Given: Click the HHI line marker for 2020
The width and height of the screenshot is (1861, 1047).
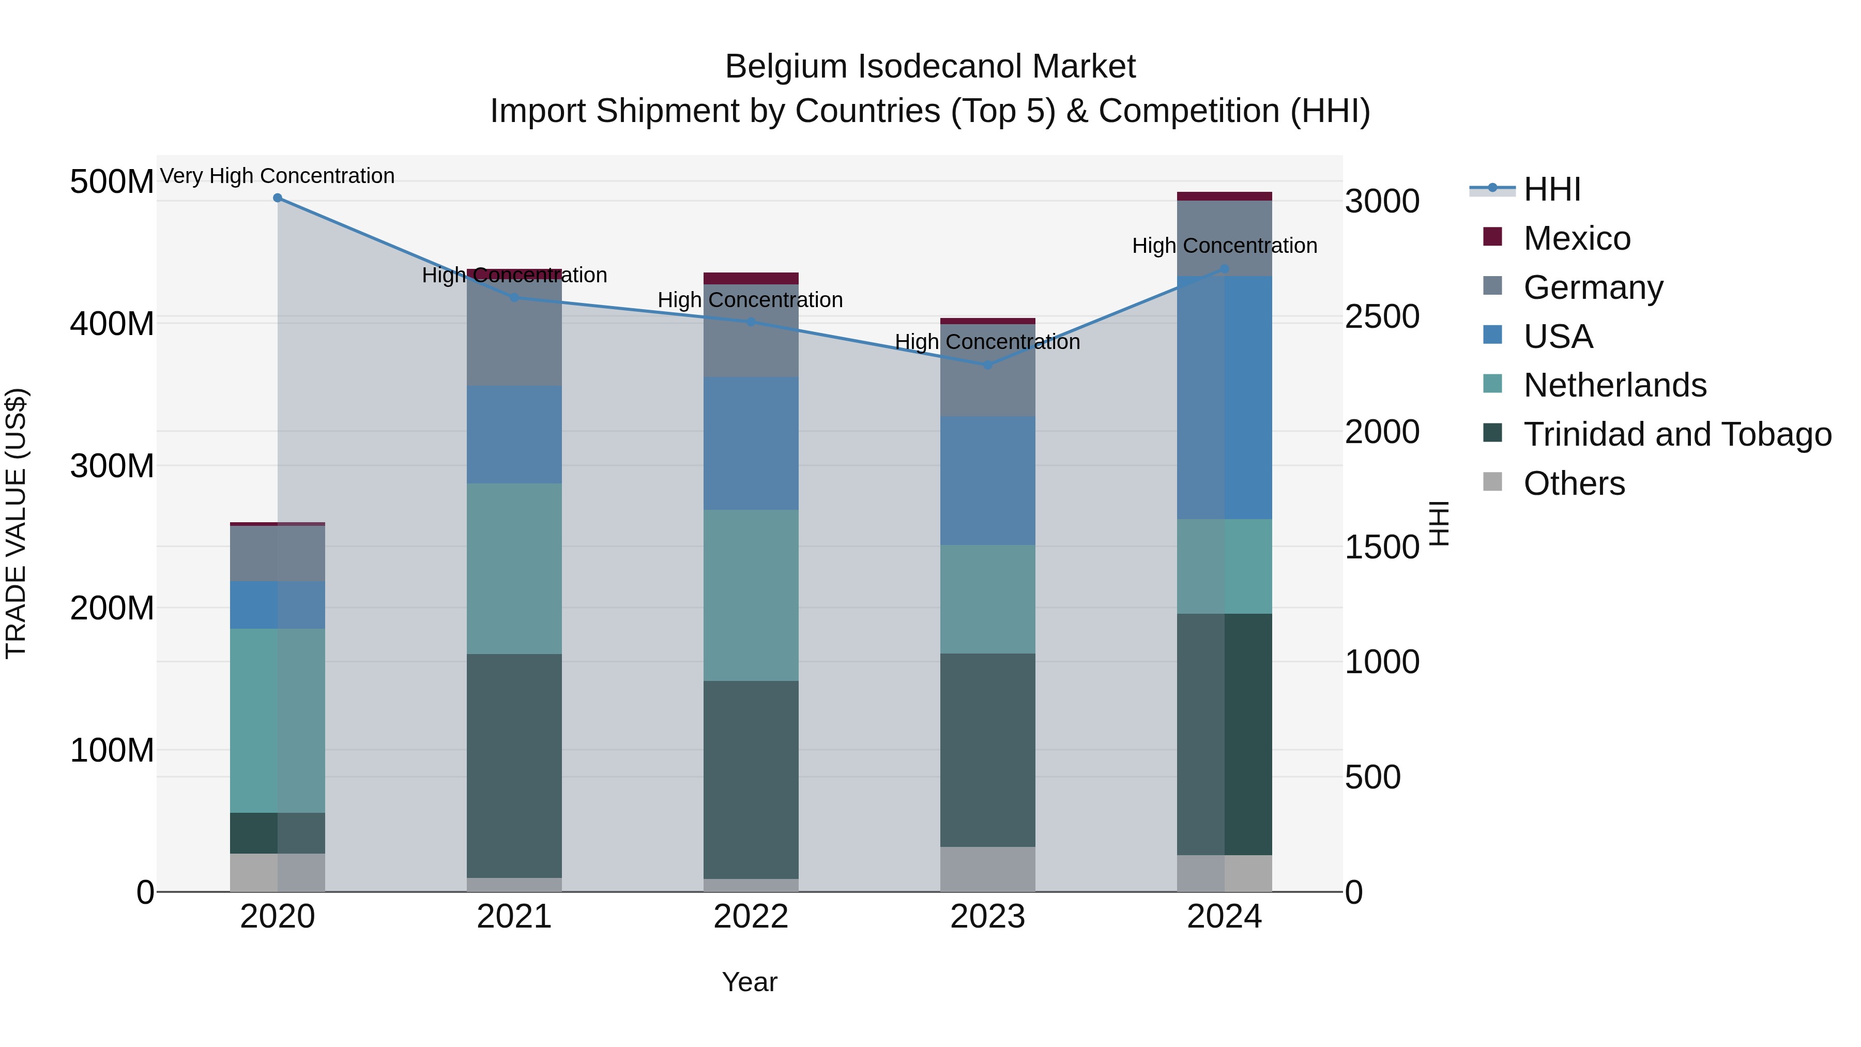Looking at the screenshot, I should [x=278, y=198].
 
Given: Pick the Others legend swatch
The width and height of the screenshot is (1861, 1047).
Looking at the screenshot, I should [x=1492, y=482].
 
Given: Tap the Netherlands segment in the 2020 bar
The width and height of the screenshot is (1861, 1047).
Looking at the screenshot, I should [x=278, y=720].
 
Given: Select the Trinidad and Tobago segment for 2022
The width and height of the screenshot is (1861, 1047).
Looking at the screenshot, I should [x=751, y=779].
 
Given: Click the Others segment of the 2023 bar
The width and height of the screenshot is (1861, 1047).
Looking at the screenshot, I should [x=987, y=869].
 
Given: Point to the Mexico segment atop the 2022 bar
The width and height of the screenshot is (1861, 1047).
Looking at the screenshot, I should [x=751, y=278].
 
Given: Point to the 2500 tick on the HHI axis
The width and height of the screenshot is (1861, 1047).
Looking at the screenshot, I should [x=1381, y=316].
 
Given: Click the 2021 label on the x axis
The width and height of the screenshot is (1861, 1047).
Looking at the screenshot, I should [x=514, y=917].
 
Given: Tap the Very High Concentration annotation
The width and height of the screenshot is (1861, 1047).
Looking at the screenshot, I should [x=278, y=176].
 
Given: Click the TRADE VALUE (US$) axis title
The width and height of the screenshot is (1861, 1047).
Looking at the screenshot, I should [x=16, y=523].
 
